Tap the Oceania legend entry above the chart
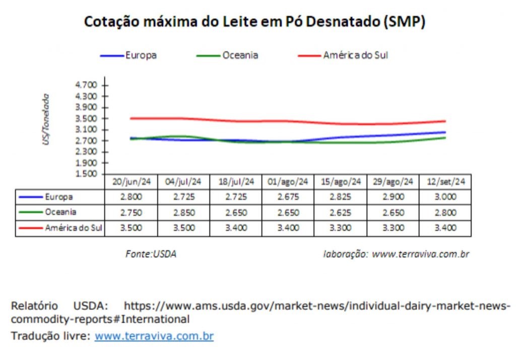(x=240, y=55)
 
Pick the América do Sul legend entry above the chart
(x=356, y=55)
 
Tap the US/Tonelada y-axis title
(x=46, y=119)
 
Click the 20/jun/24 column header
(x=131, y=182)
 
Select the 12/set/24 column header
(x=445, y=182)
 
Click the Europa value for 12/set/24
(x=445, y=197)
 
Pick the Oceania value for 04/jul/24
(x=183, y=212)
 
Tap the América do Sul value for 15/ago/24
(x=340, y=228)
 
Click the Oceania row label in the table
(x=60, y=212)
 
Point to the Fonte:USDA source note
(x=151, y=254)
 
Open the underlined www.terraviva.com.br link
(x=154, y=336)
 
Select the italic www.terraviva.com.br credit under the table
(x=420, y=254)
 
